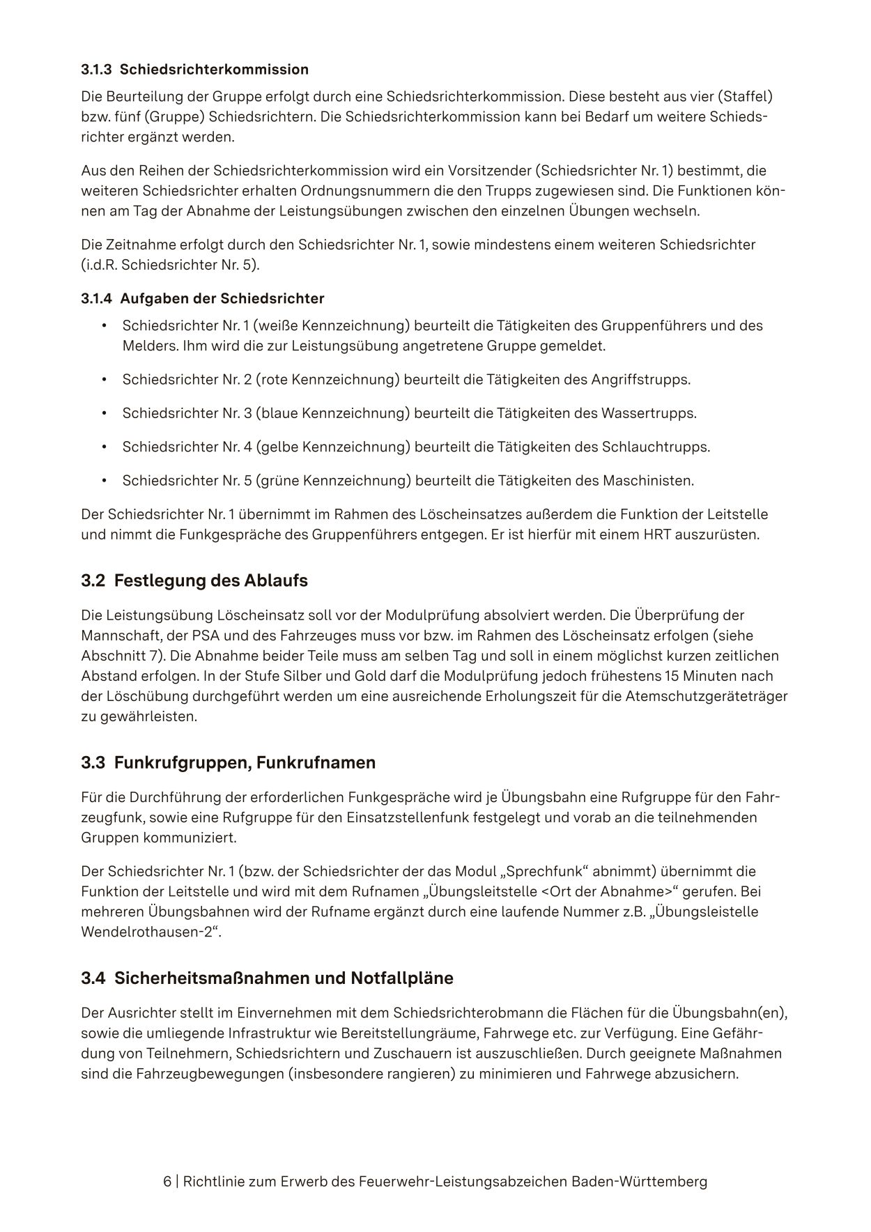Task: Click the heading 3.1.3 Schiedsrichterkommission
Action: (194, 70)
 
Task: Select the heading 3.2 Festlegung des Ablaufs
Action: (194, 580)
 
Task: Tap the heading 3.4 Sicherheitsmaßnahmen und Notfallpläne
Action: (267, 978)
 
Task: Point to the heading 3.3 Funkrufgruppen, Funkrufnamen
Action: (228, 762)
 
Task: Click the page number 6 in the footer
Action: (167, 1182)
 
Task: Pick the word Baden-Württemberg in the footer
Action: (639, 1182)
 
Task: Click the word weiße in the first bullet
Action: (277, 325)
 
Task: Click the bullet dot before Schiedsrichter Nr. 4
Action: (104, 447)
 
